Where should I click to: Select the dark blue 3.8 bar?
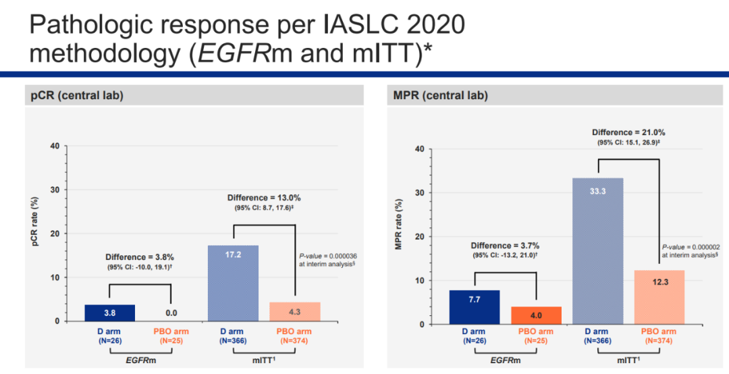point(109,313)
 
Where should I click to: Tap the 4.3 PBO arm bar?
point(294,311)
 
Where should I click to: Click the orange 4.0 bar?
point(536,315)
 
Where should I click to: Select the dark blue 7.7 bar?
point(475,307)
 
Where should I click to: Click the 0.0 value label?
point(171,313)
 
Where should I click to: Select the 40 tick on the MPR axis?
point(421,149)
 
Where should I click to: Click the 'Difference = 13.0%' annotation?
point(263,198)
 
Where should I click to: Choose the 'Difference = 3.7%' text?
point(506,245)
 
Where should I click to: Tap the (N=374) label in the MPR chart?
point(658,342)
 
